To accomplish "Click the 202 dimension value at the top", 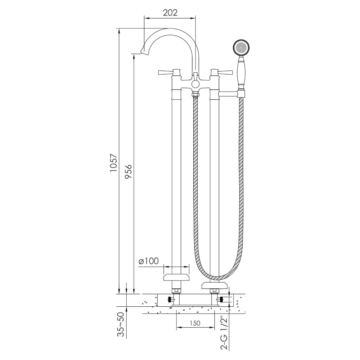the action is click(x=170, y=13).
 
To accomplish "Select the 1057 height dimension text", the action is click(x=114, y=163).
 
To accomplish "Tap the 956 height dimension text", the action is click(x=128, y=171).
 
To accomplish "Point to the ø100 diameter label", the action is click(x=149, y=261).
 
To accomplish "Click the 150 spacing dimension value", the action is click(x=195, y=323).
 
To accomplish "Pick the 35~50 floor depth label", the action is click(x=121, y=324).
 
